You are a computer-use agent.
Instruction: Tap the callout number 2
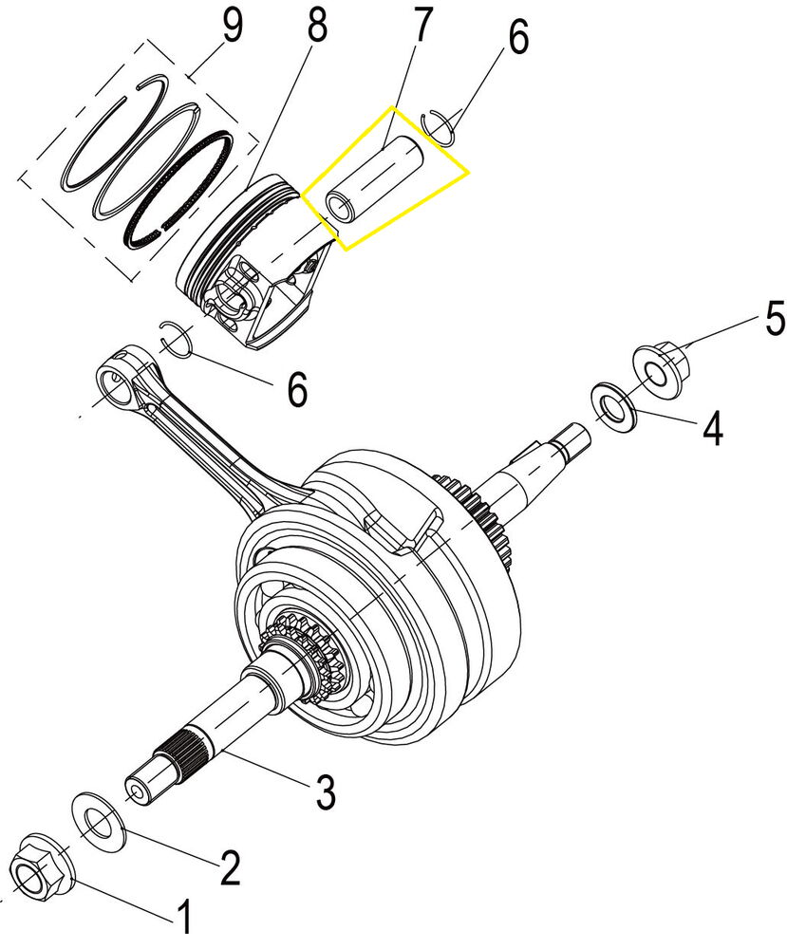pos(229,865)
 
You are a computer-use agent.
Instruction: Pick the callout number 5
pos(775,319)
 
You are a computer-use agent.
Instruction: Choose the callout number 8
pos(316,28)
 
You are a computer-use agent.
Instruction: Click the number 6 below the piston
pos(297,388)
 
